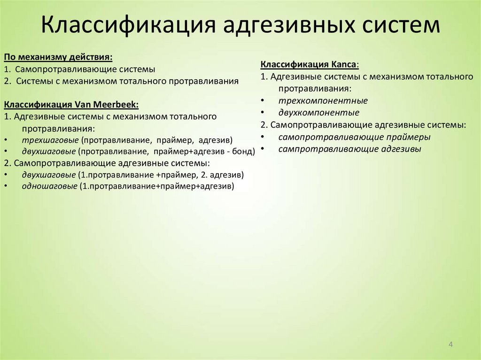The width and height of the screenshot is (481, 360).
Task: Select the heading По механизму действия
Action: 58,57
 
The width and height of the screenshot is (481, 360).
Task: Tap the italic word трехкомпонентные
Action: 323,100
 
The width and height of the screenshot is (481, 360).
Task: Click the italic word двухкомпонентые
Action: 318,113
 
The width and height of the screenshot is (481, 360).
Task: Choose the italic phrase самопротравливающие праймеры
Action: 354,137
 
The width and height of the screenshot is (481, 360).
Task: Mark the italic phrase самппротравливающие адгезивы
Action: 349,149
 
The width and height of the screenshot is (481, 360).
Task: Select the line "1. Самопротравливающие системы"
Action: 79,69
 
